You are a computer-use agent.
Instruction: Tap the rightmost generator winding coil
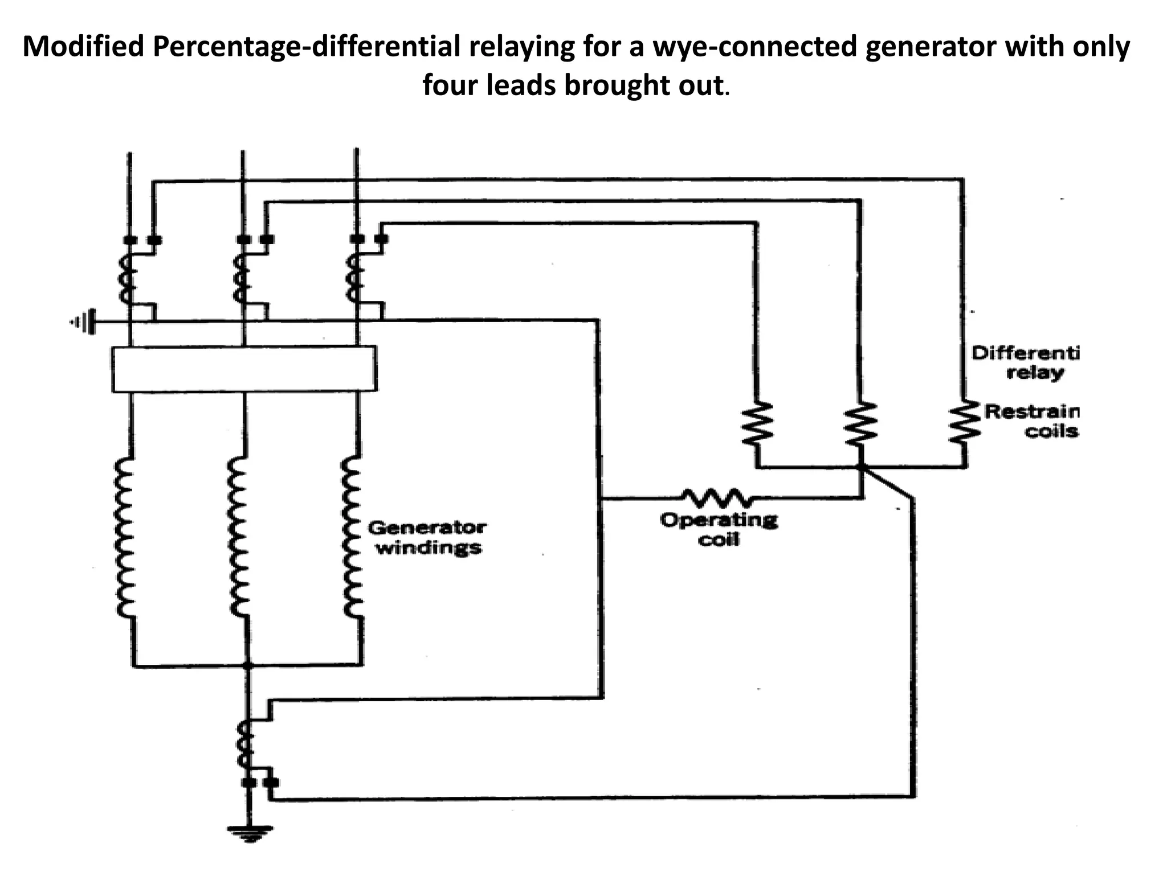click(353, 537)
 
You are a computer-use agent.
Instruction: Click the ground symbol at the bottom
click(248, 833)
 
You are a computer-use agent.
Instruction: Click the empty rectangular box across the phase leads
click(244, 369)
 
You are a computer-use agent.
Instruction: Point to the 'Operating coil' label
click(719, 529)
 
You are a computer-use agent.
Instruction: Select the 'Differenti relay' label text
click(1025, 363)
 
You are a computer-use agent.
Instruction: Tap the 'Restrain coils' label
click(1031, 420)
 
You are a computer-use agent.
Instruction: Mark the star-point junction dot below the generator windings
click(247, 665)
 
